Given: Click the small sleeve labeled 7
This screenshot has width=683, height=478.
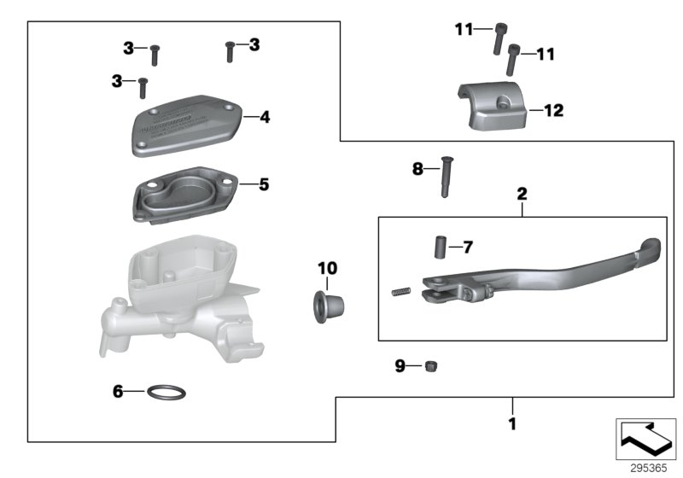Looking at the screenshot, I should pos(438,248).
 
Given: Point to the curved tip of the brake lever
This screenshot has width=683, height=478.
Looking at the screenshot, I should pos(649,250).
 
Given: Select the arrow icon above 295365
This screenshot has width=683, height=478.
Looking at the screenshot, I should pos(645,440).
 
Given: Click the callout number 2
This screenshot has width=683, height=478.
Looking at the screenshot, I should pos(522,194).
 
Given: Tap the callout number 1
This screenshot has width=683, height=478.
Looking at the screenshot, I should pos(512,422).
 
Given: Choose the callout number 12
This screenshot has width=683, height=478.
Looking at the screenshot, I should pos(553,110).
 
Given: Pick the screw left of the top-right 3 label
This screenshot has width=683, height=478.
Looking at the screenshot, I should pos(229,51).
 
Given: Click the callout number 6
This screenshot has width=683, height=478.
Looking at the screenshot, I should pos(119,392).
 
